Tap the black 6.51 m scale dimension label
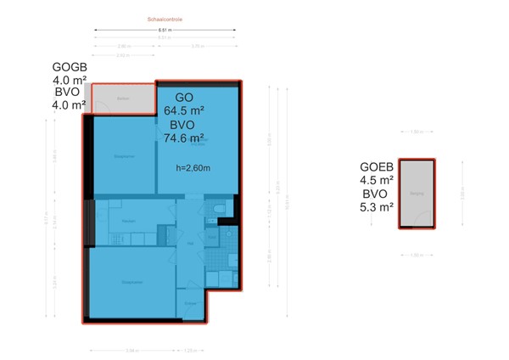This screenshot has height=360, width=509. (x=165, y=31)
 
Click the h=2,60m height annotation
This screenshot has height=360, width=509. (x=193, y=167)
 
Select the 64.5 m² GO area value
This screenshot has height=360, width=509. (x=183, y=110)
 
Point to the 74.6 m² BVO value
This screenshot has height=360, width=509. (x=183, y=138)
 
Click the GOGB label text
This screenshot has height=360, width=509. (x=70, y=67)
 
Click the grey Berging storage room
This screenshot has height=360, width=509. (x=416, y=194)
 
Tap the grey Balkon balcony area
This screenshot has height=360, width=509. (x=123, y=98)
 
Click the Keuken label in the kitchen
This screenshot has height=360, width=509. (x=129, y=221)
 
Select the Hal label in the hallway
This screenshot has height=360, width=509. (x=191, y=244)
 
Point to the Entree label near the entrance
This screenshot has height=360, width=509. (x=191, y=303)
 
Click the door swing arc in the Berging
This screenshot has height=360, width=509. (x=410, y=223)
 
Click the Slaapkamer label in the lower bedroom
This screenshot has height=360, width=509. (x=131, y=283)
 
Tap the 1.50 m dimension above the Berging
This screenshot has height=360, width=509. (x=416, y=132)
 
